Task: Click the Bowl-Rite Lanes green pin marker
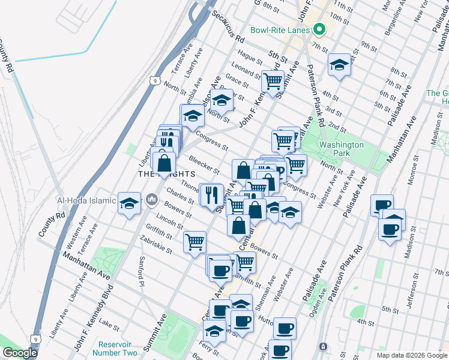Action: pos(320,30)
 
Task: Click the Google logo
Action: pos(20,353)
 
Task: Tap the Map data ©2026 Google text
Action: pos(411,355)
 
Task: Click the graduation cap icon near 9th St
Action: pos(339,64)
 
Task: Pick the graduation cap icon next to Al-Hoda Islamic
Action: pos(129,202)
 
